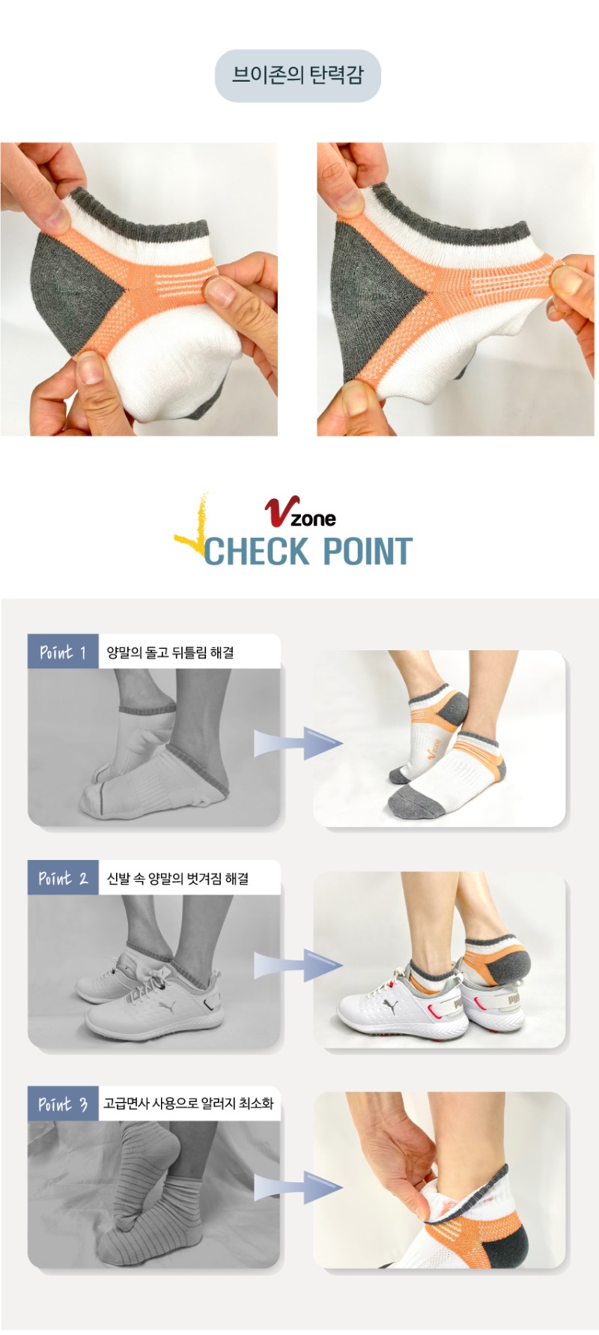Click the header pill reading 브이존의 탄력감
click(x=298, y=76)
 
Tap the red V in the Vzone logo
click(x=280, y=511)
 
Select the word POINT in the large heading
click(x=368, y=551)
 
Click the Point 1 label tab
click(x=63, y=652)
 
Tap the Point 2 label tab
click(x=63, y=878)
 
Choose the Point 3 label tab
click(x=63, y=1104)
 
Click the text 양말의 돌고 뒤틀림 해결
click(x=170, y=653)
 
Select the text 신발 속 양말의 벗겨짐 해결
click(x=177, y=879)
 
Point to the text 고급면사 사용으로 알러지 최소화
click(x=189, y=1104)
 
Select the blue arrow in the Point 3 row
click(x=298, y=1187)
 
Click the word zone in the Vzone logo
click(x=313, y=518)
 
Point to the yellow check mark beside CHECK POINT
click(x=192, y=529)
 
